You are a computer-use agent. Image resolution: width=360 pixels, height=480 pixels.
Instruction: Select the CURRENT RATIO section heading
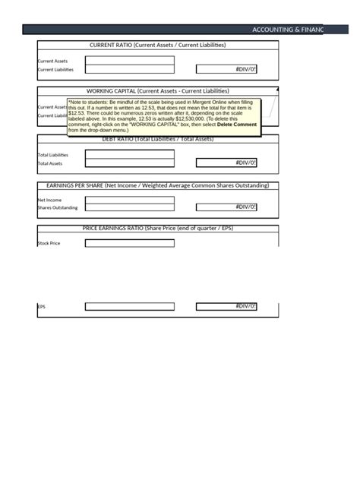coord(158,46)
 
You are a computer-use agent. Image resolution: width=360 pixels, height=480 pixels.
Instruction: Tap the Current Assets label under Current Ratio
coord(52,61)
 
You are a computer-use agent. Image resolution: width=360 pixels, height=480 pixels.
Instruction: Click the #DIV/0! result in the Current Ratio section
coord(226,69)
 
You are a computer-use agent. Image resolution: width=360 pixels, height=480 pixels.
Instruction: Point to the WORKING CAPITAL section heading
coord(157,90)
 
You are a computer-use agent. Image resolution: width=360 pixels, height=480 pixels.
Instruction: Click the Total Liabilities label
coord(53,155)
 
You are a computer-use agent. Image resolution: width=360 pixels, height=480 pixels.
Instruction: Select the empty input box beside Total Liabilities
coord(130,153)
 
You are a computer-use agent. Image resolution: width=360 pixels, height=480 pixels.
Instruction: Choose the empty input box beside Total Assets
coord(130,163)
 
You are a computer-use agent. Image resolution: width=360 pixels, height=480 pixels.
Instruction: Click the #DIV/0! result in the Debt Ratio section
coord(226,163)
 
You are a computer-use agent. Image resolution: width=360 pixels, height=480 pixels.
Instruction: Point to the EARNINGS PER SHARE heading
coord(158,185)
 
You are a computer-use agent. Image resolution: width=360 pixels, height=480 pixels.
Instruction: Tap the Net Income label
coord(50,200)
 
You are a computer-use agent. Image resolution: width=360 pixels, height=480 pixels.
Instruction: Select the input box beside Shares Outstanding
coord(130,207)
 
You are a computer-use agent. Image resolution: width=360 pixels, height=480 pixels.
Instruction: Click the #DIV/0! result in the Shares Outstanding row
coord(226,207)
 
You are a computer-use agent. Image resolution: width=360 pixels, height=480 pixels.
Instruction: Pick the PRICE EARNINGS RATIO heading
coord(158,228)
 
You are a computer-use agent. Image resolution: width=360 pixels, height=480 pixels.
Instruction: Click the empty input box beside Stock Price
coord(130,244)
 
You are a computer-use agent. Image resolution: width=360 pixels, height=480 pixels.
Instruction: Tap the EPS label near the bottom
coord(42,307)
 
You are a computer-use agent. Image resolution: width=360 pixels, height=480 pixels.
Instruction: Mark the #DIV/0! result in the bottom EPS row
coord(226,307)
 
